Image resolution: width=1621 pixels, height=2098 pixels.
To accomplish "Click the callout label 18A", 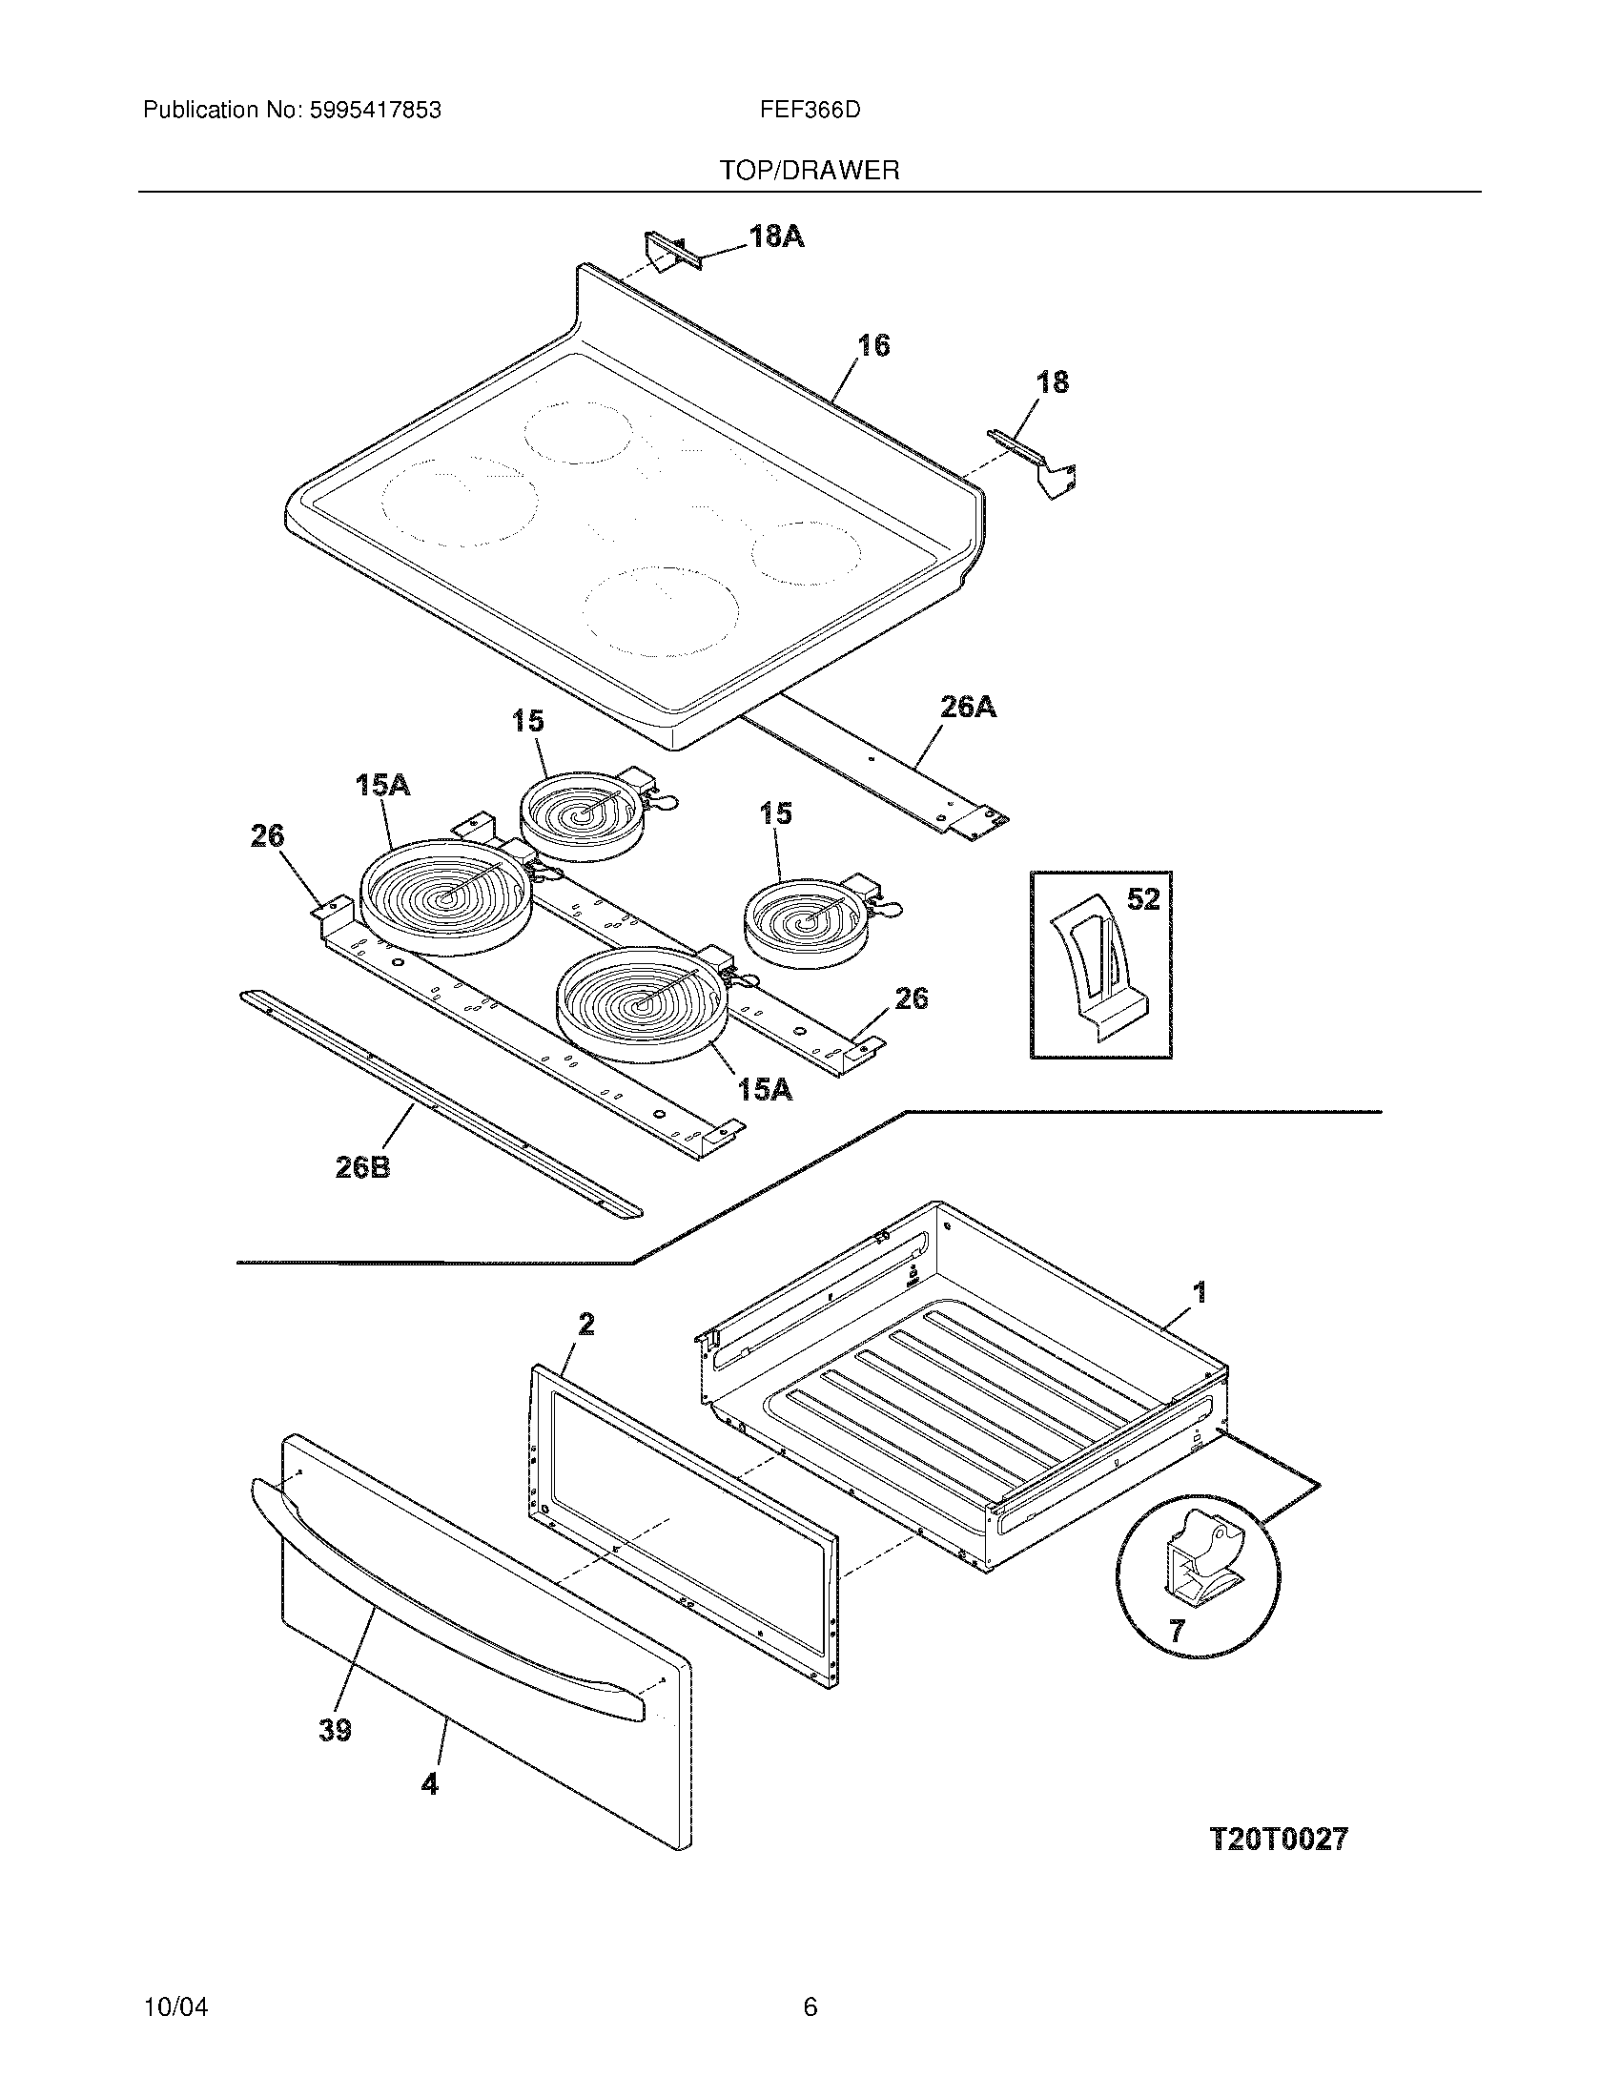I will point(776,237).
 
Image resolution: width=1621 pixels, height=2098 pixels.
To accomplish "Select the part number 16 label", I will point(872,345).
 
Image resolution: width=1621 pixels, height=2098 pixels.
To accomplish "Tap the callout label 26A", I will point(967,708).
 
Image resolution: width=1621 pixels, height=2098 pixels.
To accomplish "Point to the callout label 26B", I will point(362,1168).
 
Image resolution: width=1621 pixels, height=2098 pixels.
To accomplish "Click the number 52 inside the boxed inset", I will point(1142,899).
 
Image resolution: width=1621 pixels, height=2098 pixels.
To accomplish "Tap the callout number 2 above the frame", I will point(585,1325).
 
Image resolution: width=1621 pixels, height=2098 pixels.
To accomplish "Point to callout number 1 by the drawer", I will point(1200,1292).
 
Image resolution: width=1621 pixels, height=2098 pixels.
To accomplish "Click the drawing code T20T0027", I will point(1277,1839).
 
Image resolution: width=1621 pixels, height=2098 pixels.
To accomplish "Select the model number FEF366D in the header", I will point(810,111).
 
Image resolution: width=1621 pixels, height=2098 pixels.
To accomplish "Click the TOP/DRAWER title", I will point(810,171).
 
